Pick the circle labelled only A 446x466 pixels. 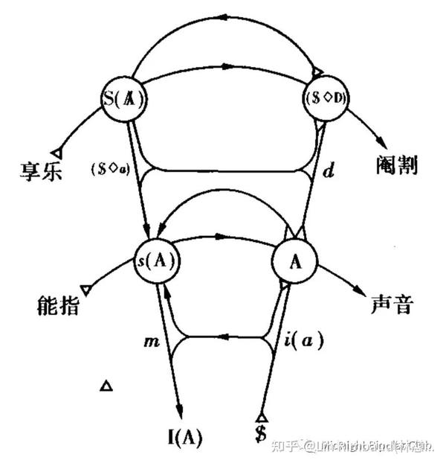pos(295,261)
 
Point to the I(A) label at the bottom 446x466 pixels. pos(184,433)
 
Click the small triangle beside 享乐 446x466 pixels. pos(56,153)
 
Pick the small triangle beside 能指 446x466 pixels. pos(86,287)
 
